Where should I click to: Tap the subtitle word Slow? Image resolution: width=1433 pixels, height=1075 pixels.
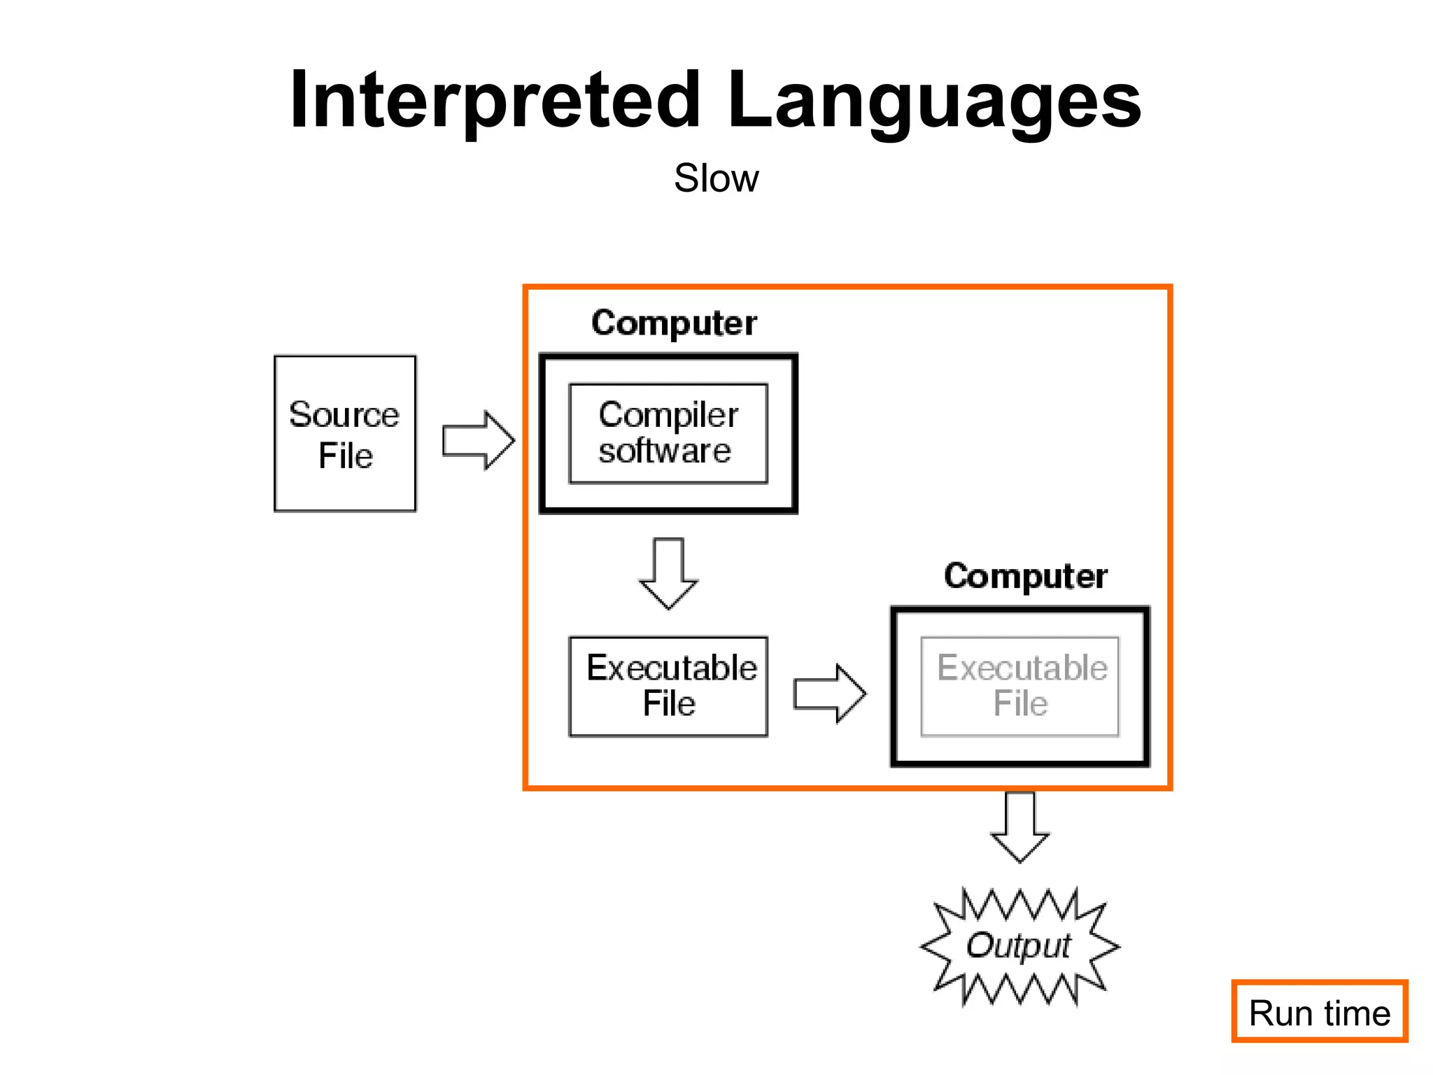click(x=716, y=178)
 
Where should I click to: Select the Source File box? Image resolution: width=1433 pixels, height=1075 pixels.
click(x=345, y=434)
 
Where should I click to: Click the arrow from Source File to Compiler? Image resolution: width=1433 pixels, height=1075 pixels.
click(x=479, y=440)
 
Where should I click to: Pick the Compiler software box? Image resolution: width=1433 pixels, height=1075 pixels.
click(x=668, y=433)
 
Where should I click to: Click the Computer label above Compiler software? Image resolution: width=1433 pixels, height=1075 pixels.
click(x=674, y=323)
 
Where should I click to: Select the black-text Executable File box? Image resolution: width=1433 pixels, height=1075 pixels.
click(x=668, y=686)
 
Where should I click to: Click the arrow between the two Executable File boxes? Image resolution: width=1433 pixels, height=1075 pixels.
click(x=830, y=694)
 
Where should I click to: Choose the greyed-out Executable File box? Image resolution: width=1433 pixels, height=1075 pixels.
click(x=1019, y=687)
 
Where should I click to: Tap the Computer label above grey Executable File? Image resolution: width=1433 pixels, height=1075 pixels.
click(x=1025, y=577)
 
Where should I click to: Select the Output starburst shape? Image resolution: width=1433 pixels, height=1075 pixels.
click(x=1019, y=946)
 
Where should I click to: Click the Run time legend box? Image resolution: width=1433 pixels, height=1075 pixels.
click(x=1319, y=1011)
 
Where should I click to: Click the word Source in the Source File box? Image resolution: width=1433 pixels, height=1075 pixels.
click(x=344, y=414)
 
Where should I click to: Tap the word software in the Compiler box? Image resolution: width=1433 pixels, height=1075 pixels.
click(x=664, y=451)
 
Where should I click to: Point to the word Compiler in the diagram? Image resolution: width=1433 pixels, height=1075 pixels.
click(x=668, y=415)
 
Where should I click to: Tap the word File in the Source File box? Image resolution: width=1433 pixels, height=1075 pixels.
click(x=345, y=456)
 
